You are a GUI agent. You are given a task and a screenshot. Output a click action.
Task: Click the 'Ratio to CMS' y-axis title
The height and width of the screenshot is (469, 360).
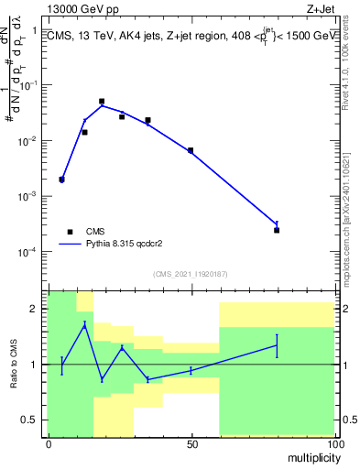click(x=15, y=364)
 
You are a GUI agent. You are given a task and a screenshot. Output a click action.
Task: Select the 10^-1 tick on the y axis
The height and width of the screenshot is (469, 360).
click(x=27, y=85)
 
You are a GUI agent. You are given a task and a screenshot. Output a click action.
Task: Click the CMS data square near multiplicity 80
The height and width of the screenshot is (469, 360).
click(x=277, y=230)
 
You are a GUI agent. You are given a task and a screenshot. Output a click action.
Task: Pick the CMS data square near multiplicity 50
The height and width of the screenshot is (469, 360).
click(x=191, y=150)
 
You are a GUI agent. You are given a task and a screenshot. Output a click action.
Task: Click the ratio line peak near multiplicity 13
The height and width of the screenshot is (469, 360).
click(x=84, y=324)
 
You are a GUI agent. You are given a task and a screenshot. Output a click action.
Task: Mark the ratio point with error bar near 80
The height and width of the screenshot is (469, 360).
click(x=277, y=345)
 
